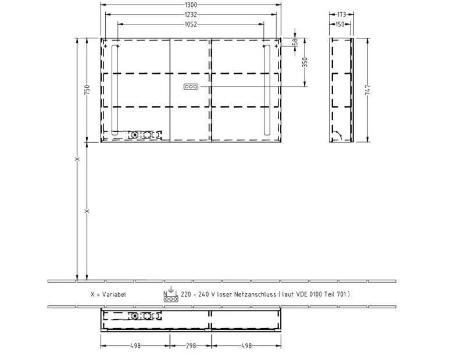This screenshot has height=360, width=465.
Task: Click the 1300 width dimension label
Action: click(191, 5)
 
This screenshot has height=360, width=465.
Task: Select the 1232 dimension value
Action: click(191, 15)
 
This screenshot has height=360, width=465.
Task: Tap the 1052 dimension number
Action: click(191, 24)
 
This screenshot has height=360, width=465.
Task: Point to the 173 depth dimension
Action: click(342, 14)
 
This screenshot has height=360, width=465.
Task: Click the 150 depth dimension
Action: click(340, 24)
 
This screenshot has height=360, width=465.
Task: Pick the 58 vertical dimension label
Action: click(295, 42)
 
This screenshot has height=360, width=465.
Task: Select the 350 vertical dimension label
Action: click(305, 62)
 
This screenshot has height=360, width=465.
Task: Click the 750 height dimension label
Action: click(87, 90)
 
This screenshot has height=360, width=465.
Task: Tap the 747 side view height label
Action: click(368, 90)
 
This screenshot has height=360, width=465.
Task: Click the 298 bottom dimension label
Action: click(191, 346)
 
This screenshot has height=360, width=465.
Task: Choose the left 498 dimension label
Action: click(135, 346)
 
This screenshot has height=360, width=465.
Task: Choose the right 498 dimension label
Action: click(246, 346)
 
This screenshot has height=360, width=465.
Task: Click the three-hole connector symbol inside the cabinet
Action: click(191, 87)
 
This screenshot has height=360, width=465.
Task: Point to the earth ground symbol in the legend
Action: click(171, 290)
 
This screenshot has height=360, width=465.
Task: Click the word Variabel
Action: click(114, 294)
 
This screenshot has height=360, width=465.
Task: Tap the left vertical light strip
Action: click(115, 90)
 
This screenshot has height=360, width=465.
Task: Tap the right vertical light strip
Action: click(267, 90)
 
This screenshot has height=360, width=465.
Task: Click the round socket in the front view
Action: click(135, 135)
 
